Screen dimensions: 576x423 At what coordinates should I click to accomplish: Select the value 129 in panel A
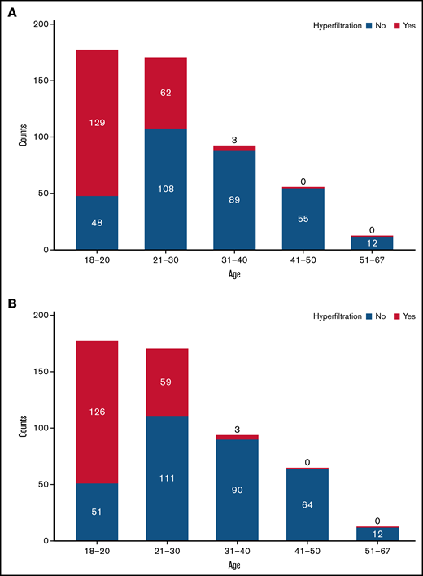[x=97, y=123]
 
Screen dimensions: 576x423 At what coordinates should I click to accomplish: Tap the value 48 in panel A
[x=97, y=223]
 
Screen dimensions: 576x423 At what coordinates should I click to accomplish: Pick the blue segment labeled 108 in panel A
[x=166, y=189]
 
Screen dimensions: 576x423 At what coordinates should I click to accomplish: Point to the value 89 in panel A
[x=234, y=200]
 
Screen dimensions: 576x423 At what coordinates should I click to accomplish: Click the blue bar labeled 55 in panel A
[x=303, y=219]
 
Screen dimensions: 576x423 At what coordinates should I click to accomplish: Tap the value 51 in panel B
[x=97, y=513]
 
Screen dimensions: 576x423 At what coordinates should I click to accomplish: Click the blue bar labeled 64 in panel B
[x=303, y=505]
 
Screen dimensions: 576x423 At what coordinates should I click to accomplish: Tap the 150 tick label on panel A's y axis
[x=38, y=81]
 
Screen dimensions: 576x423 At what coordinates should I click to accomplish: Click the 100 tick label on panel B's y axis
[x=38, y=428]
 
